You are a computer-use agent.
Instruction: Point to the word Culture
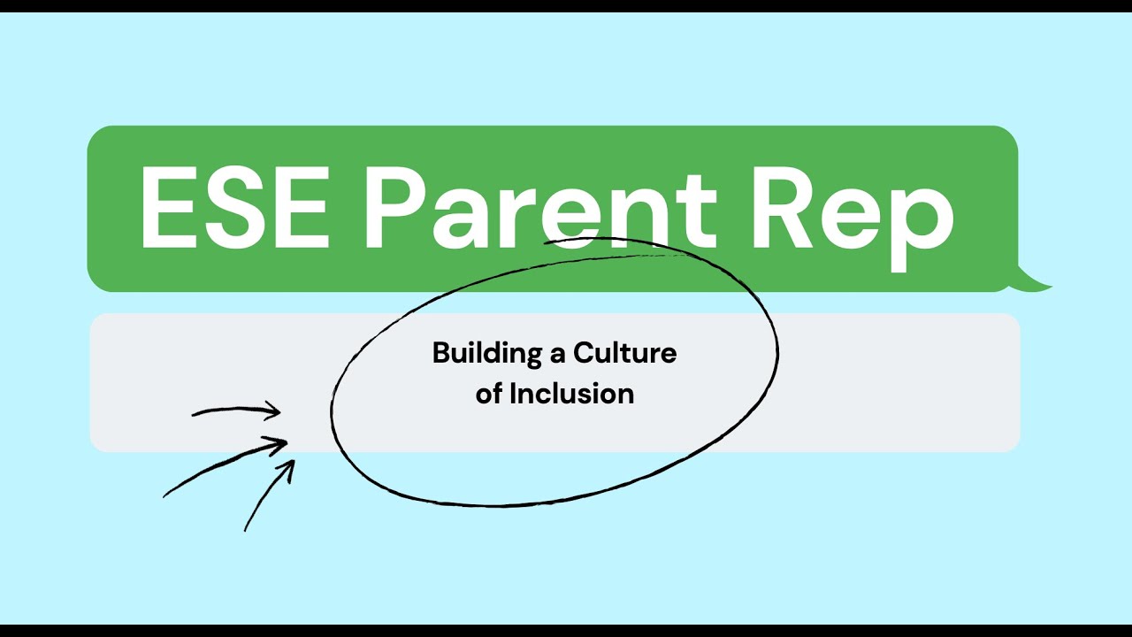tap(625, 354)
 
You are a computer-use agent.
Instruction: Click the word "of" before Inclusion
tap(489, 394)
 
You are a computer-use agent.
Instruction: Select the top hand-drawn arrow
tap(237, 411)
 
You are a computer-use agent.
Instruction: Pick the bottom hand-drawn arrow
tap(269, 495)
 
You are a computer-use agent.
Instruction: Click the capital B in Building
tap(440, 354)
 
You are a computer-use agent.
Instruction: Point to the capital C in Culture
tap(584, 354)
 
